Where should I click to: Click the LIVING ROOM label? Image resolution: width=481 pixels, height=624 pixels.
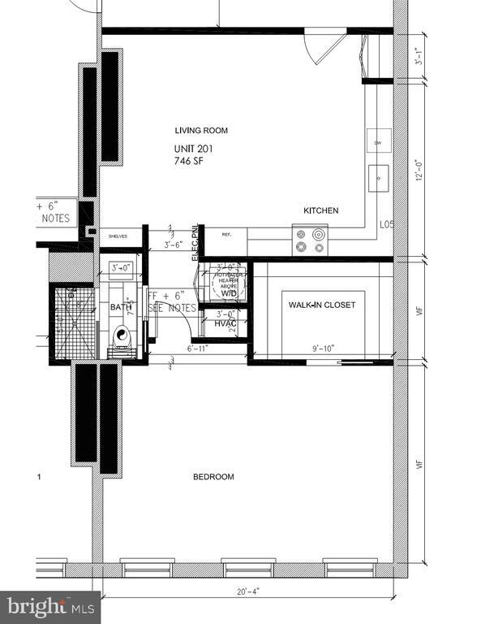click(202, 130)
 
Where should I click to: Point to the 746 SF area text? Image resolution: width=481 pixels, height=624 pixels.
click(188, 161)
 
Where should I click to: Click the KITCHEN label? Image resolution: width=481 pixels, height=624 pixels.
click(320, 210)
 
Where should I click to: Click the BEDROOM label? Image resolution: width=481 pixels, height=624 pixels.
click(213, 477)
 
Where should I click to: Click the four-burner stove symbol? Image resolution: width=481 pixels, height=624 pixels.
click(311, 241)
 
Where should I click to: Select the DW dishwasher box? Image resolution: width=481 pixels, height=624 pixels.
click(378, 143)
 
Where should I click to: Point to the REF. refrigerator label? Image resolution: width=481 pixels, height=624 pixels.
click(227, 234)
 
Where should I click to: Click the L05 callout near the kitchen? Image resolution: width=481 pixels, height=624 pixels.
click(386, 224)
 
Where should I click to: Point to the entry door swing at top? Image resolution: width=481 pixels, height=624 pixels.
click(320, 45)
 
